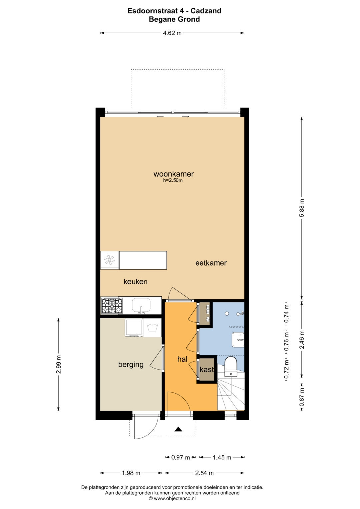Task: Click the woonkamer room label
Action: click(x=174, y=174)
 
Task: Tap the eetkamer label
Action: click(x=211, y=263)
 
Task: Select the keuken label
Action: click(x=135, y=282)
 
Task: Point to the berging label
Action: click(x=131, y=365)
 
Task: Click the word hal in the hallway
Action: click(x=182, y=359)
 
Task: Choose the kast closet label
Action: click(x=207, y=369)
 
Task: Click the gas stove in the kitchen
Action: click(x=112, y=306)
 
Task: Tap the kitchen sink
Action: click(x=141, y=306)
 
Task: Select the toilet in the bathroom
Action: click(x=231, y=367)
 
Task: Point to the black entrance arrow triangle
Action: click(x=178, y=428)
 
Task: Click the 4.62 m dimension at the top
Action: click(x=172, y=33)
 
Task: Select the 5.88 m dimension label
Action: click(x=302, y=208)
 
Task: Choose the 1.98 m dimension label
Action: click(x=131, y=473)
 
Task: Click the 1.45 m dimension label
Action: click(x=222, y=457)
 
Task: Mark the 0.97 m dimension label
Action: click(x=180, y=457)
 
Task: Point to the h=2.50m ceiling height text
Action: click(x=173, y=181)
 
